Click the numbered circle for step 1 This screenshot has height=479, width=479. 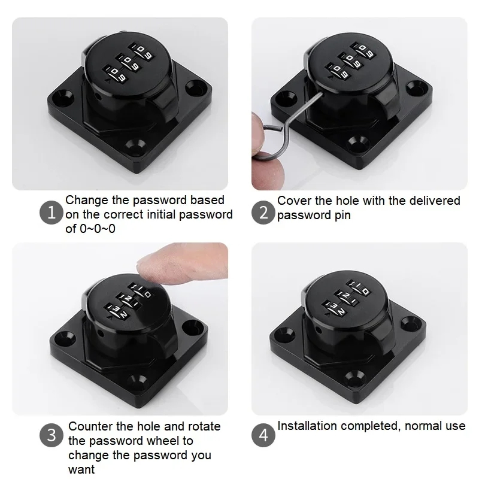[51, 213]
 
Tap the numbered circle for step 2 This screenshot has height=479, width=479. [263, 213]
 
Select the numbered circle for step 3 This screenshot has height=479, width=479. [51, 435]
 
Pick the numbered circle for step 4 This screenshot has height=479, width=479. [263, 435]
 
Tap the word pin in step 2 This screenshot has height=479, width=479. [342, 216]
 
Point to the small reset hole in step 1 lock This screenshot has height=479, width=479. [98, 97]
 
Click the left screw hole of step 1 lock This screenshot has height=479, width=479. [64, 98]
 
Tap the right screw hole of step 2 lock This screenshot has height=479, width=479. [417, 87]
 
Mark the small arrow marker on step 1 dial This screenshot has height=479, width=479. [108, 81]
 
